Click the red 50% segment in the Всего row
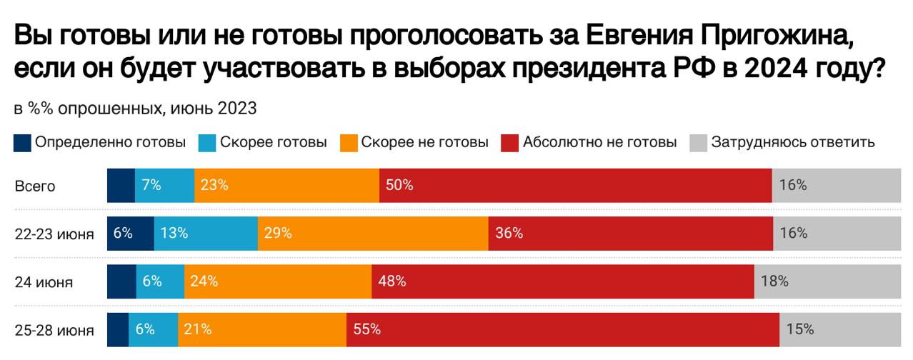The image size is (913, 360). (x=575, y=185)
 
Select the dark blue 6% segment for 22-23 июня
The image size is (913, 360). (x=130, y=233)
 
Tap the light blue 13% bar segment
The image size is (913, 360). (x=205, y=233)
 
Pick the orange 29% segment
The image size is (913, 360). (x=373, y=233)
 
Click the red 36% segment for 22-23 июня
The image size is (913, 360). (x=631, y=233)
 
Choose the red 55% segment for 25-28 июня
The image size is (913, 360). (x=562, y=329)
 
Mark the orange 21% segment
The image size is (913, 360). (x=261, y=329)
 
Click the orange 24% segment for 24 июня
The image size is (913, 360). (x=277, y=281)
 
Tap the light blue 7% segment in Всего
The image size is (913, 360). (x=164, y=185)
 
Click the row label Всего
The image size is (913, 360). (x=35, y=186)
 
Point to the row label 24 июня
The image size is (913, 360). (x=44, y=282)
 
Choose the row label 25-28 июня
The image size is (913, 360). (x=54, y=330)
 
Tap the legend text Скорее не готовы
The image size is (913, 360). (x=424, y=142)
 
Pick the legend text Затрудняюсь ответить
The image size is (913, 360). (x=793, y=142)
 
